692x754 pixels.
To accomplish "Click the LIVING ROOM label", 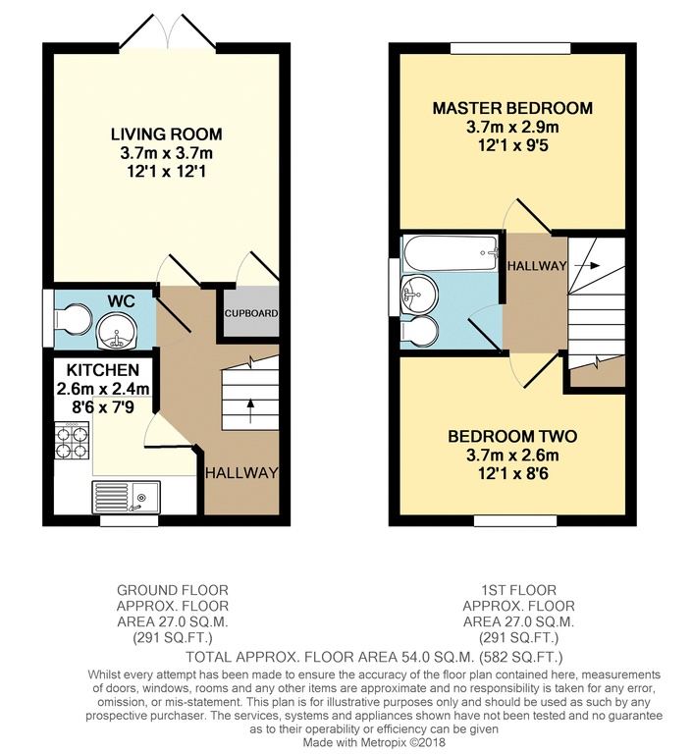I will point(166,135).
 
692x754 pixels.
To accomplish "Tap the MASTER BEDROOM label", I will point(512,108).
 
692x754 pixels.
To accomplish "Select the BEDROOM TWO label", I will point(512,437).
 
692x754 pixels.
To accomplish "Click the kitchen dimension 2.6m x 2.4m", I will point(103,389).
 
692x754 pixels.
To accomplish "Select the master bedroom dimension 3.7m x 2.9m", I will point(512,127).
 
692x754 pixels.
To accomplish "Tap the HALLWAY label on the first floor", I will point(536,266).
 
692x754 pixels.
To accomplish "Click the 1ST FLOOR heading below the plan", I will point(518,590).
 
